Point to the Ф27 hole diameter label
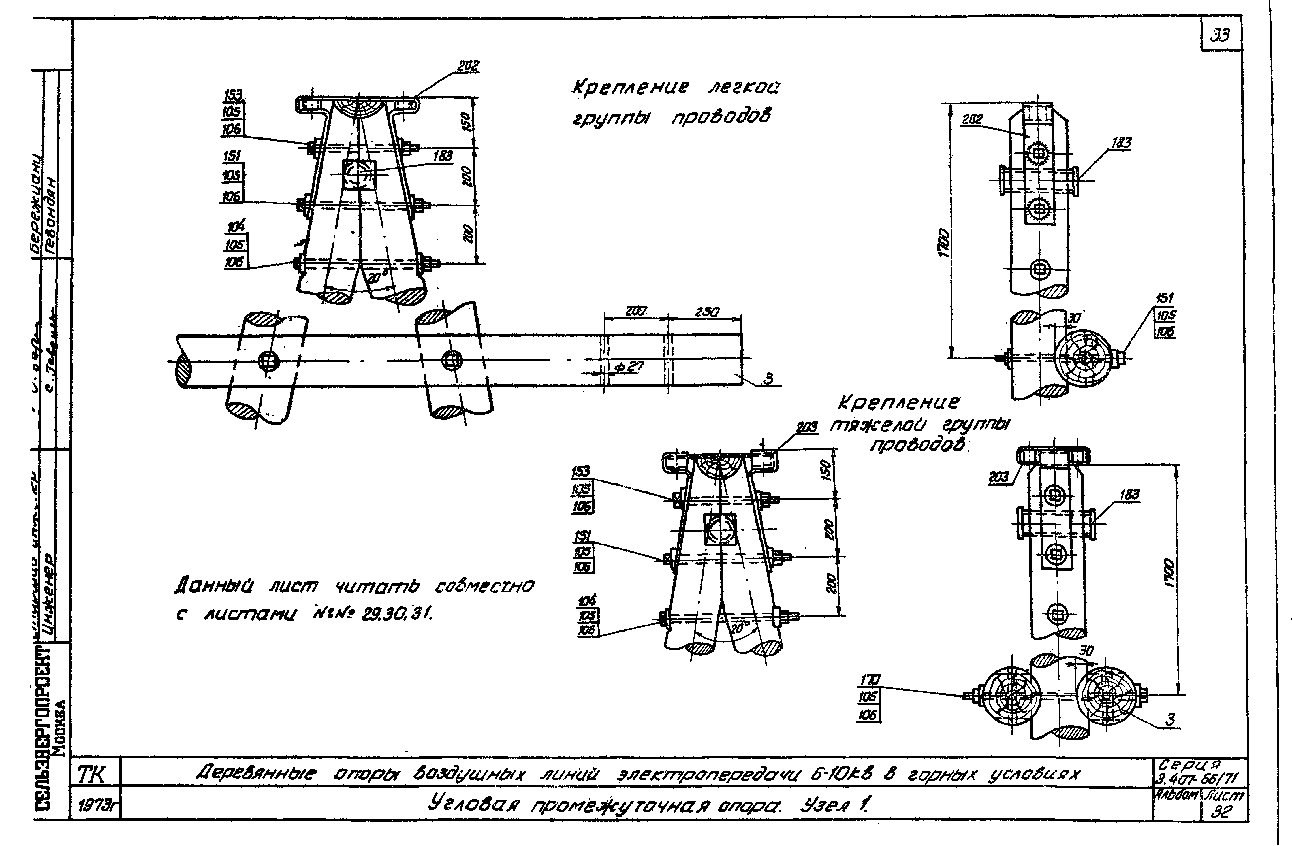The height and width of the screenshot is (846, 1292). [629, 368]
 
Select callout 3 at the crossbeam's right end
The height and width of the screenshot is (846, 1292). [768, 378]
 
